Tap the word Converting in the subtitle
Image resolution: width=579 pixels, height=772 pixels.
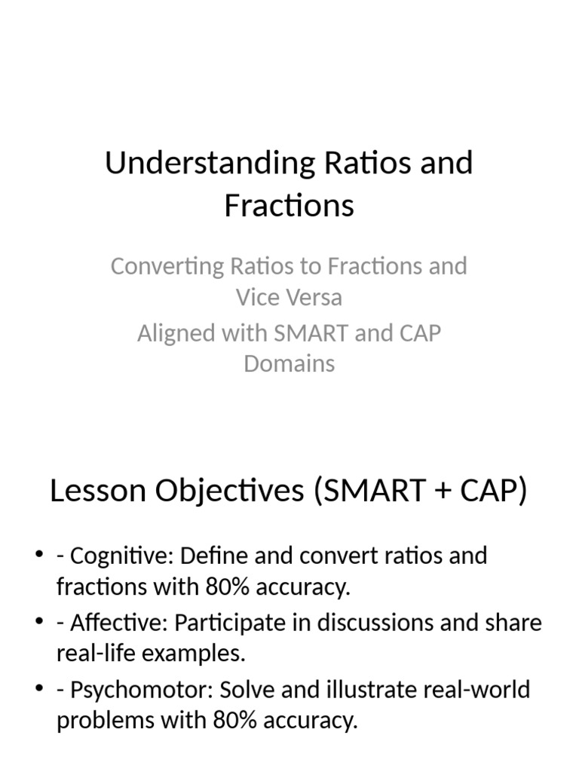click(157, 266)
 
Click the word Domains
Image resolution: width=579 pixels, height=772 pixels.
click(289, 363)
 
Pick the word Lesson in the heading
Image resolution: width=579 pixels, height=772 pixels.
click(96, 492)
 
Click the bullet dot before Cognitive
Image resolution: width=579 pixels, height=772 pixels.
click(38, 556)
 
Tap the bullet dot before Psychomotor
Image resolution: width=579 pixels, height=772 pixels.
click(38, 690)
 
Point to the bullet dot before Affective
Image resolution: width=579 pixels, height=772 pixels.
click(38, 623)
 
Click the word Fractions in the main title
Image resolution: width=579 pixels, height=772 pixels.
click(289, 205)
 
